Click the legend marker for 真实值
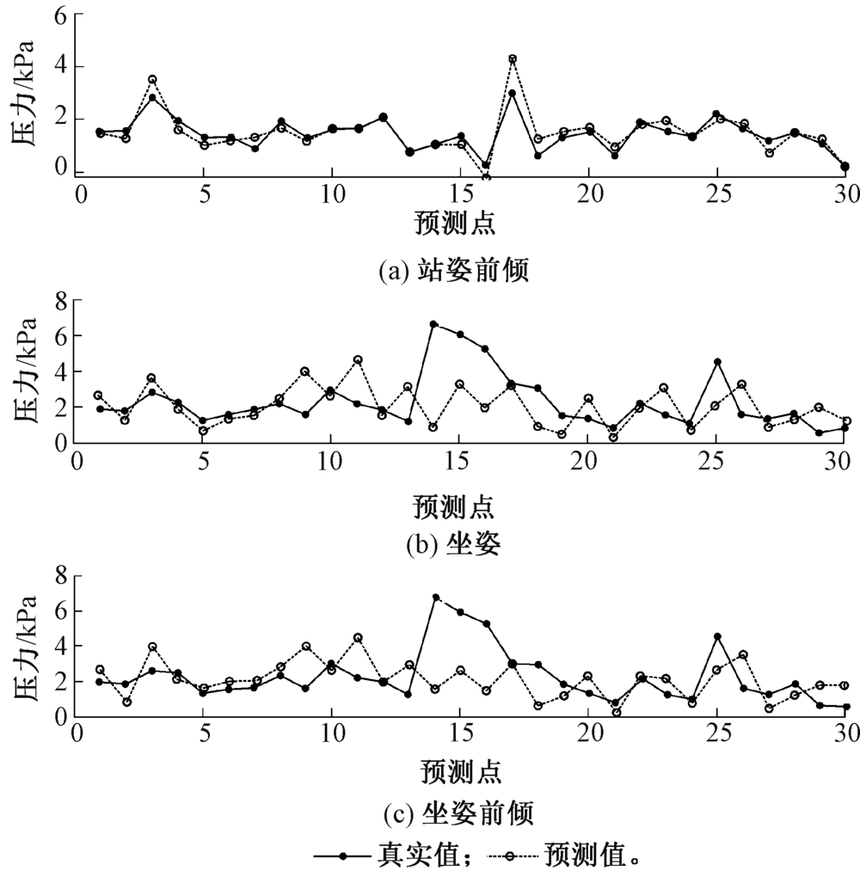[344, 856]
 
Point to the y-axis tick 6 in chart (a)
[59, 15]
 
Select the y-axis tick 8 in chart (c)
[59, 575]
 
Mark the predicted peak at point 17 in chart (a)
[513, 58]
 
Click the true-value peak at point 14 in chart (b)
[433, 324]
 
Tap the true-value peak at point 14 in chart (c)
[436, 597]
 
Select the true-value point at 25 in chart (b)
[716, 362]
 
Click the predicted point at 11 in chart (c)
[358, 637]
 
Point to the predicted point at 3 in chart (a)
[152, 79]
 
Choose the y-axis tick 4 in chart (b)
[59, 371]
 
